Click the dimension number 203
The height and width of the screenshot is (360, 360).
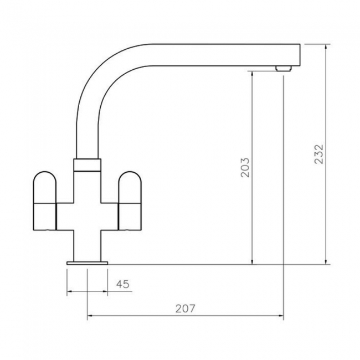click(245, 167)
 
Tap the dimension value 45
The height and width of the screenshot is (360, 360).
click(122, 284)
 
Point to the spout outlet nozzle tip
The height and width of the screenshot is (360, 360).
click(283, 68)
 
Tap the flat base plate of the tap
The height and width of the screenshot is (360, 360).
click(87, 261)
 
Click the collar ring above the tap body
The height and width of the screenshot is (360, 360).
click(88, 164)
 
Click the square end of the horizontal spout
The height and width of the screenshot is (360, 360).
click(294, 54)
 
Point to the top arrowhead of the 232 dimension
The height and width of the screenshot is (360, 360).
click(327, 47)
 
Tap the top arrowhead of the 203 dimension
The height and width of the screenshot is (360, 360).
click(253, 74)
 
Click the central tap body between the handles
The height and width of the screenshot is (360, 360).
click(88, 213)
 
